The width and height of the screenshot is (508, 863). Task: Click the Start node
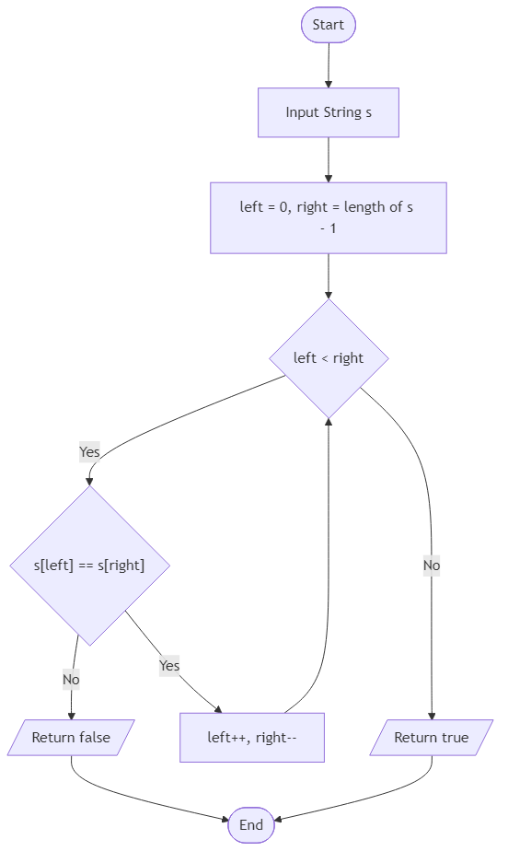pyautogui.click(x=328, y=25)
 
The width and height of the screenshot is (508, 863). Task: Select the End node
pyautogui.click(x=251, y=825)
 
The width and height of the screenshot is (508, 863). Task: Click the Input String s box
pyautogui.click(x=328, y=112)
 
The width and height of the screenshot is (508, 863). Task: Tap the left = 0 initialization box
pyautogui.click(x=328, y=217)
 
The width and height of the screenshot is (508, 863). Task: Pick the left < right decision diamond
pyautogui.click(x=329, y=358)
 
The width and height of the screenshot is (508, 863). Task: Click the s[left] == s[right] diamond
pyautogui.click(x=89, y=566)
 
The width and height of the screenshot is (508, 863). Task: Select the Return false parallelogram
pyautogui.click(x=71, y=738)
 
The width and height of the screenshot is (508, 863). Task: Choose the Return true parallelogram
pyautogui.click(x=431, y=738)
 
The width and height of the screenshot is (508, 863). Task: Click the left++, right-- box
pyautogui.click(x=251, y=738)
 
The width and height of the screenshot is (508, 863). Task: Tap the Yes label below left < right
pyautogui.click(x=89, y=451)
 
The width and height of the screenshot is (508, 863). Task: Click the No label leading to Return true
pyautogui.click(x=431, y=566)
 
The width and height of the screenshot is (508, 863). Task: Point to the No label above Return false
pyautogui.click(x=71, y=680)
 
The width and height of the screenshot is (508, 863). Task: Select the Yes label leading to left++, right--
pyautogui.click(x=169, y=665)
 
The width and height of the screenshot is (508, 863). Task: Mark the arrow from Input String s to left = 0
pyautogui.click(x=328, y=159)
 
